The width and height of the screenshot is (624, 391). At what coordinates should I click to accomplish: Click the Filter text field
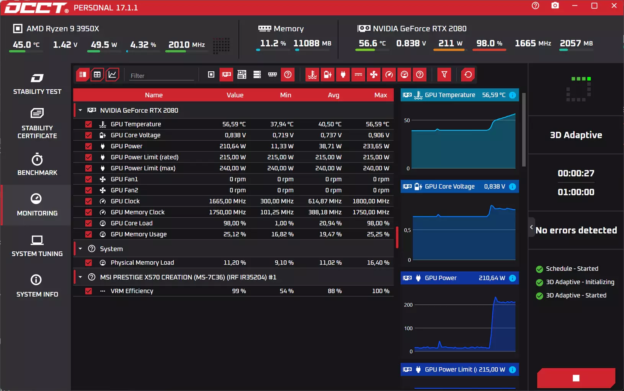[x=162, y=76]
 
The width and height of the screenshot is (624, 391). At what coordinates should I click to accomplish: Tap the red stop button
[x=576, y=378]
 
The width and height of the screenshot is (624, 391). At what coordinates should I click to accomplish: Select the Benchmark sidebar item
[x=37, y=164]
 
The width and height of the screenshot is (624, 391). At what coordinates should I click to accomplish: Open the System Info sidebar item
[x=37, y=286]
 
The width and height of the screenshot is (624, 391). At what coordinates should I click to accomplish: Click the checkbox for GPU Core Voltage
[x=88, y=135]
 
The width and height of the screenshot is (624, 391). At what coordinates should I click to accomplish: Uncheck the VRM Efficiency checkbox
[x=88, y=291]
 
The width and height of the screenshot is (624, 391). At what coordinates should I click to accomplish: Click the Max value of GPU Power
[x=376, y=146]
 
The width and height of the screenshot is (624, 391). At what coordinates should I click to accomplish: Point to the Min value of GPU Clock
[x=277, y=201]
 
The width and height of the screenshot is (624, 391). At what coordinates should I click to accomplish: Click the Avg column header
[x=333, y=95]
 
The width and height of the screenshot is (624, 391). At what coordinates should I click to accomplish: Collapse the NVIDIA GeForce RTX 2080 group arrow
[x=80, y=110]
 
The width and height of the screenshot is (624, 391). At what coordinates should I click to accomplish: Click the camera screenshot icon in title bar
[x=555, y=6]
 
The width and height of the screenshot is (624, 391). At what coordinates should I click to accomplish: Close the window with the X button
[x=614, y=6]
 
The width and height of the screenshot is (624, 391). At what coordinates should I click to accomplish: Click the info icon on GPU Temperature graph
[x=512, y=95]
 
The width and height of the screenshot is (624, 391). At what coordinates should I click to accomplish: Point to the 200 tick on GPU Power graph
[x=408, y=305]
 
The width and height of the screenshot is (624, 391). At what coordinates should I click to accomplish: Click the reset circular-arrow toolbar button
[x=468, y=74]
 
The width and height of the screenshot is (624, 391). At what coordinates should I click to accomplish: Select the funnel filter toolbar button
[x=444, y=74]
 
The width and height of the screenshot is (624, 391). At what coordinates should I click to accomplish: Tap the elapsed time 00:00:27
[x=576, y=173]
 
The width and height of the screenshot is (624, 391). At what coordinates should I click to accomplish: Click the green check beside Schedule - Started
[x=539, y=269]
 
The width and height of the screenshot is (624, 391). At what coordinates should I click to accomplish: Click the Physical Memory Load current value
[x=235, y=263]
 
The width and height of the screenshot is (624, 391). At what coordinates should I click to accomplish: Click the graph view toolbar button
[x=112, y=74]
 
